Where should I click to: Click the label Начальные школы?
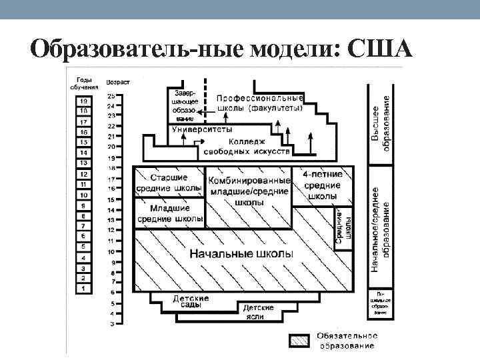point(241,254)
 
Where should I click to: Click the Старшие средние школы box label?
point(169,183)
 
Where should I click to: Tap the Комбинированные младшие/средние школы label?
point(249,190)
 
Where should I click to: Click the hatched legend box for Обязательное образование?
point(299,340)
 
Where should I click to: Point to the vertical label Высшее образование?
point(381,127)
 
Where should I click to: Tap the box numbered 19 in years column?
point(84,100)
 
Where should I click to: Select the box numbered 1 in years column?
point(84,288)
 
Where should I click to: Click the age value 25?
point(111,96)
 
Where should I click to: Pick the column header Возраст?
point(118,82)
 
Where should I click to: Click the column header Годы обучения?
point(84,83)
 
